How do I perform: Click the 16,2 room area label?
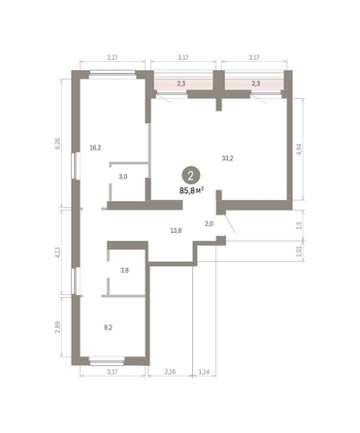[x=95, y=150]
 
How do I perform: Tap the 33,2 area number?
[x=227, y=158]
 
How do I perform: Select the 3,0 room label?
[x=123, y=178]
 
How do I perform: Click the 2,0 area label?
[x=208, y=224]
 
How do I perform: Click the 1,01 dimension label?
[x=298, y=252]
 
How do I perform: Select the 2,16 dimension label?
[x=170, y=373]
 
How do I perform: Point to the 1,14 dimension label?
[x=204, y=373]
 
